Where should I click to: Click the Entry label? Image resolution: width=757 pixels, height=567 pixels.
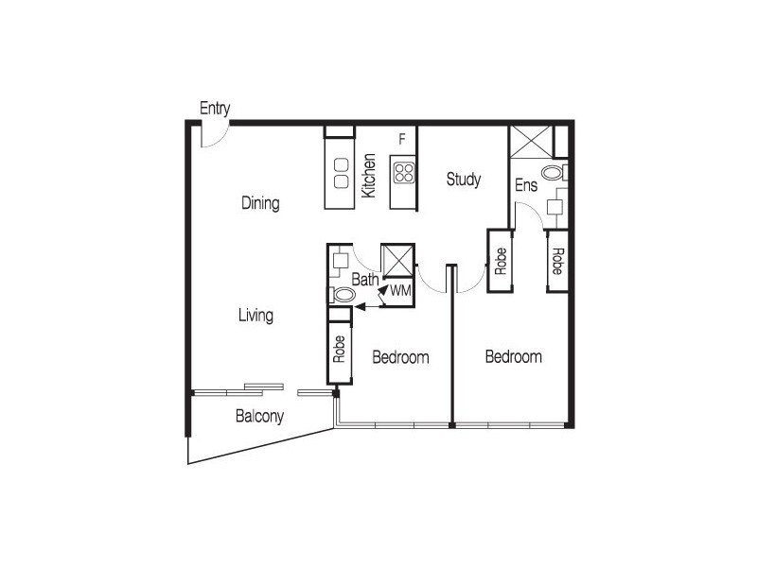click(x=215, y=109)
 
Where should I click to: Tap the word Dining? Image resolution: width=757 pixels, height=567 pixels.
click(x=259, y=203)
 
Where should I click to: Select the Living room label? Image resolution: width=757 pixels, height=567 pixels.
click(x=255, y=316)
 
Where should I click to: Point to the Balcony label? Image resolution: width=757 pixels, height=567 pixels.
click(x=259, y=416)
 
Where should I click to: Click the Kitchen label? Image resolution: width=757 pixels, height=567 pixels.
click(x=370, y=176)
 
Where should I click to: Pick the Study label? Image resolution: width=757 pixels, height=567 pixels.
click(x=464, y=179)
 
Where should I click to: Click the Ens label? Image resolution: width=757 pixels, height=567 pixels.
click(x=526, y=185)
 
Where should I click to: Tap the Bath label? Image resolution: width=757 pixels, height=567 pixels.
click(x=365, y=280)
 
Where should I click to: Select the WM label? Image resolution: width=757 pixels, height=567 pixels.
click(x=399, y=291)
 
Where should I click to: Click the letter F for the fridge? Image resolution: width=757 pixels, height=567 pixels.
click(x=402, y=140)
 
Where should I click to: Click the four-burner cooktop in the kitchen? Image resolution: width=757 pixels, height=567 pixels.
click(x=404, y=173)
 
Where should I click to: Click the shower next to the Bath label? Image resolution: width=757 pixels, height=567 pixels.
click(x=396, y=260)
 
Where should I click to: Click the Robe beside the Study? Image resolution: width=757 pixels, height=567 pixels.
click(x=501, y=260)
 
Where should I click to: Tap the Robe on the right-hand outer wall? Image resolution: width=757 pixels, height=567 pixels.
click(x=557, y=260)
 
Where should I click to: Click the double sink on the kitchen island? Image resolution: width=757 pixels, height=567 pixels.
click(x=339, y=170)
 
